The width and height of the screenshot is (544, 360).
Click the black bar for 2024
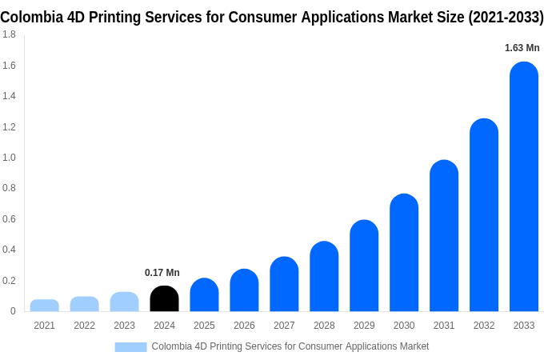point(164,298)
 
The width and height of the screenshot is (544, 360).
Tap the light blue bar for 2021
point(45,306)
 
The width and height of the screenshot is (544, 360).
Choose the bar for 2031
point(444,236)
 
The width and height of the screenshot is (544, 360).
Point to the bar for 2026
point(244,290)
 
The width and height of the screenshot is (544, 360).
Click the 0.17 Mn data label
point(162,273)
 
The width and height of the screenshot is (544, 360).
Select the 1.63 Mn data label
point(522,48)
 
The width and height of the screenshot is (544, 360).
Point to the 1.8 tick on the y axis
point(9,34)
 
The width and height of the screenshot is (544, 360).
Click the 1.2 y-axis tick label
point(9,127)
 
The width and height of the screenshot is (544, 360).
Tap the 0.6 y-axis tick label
point(9,219)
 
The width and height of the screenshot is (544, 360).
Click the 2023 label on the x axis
point(124,326)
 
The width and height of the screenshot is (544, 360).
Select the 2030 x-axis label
point(404,326)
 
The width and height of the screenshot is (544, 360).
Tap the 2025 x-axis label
point(204,326)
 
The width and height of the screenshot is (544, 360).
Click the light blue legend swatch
point(130,346)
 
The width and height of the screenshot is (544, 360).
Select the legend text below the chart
point(290,346)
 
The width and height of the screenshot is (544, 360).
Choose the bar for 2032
point(484,215)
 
